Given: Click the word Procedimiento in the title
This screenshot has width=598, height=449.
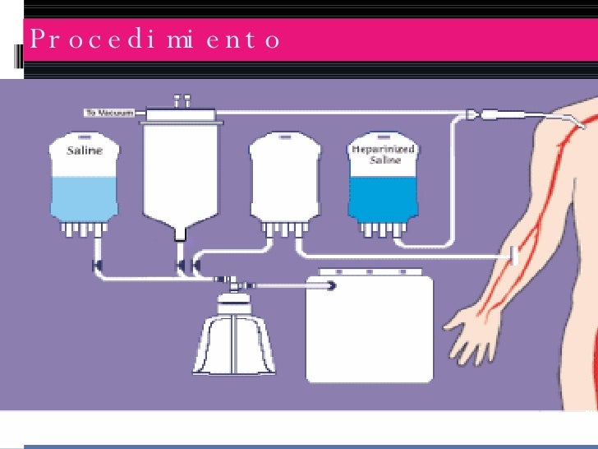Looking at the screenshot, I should (154, 39).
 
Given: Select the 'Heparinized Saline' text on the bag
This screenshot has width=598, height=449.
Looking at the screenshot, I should (384, 154).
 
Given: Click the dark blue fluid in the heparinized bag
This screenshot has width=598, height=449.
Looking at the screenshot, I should (384, 194).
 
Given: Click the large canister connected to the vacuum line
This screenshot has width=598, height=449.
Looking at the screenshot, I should (182, 173).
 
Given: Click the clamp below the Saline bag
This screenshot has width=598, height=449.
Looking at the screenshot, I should (97, 265).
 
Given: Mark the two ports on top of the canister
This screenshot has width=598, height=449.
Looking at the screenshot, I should (182, 100).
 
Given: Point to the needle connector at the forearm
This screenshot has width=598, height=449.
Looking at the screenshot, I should (514, 256).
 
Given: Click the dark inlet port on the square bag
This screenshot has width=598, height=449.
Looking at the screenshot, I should (332, 285).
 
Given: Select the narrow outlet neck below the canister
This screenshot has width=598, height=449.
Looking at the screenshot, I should (180, 236).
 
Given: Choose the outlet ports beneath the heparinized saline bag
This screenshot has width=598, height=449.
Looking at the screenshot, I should (382, 229).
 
